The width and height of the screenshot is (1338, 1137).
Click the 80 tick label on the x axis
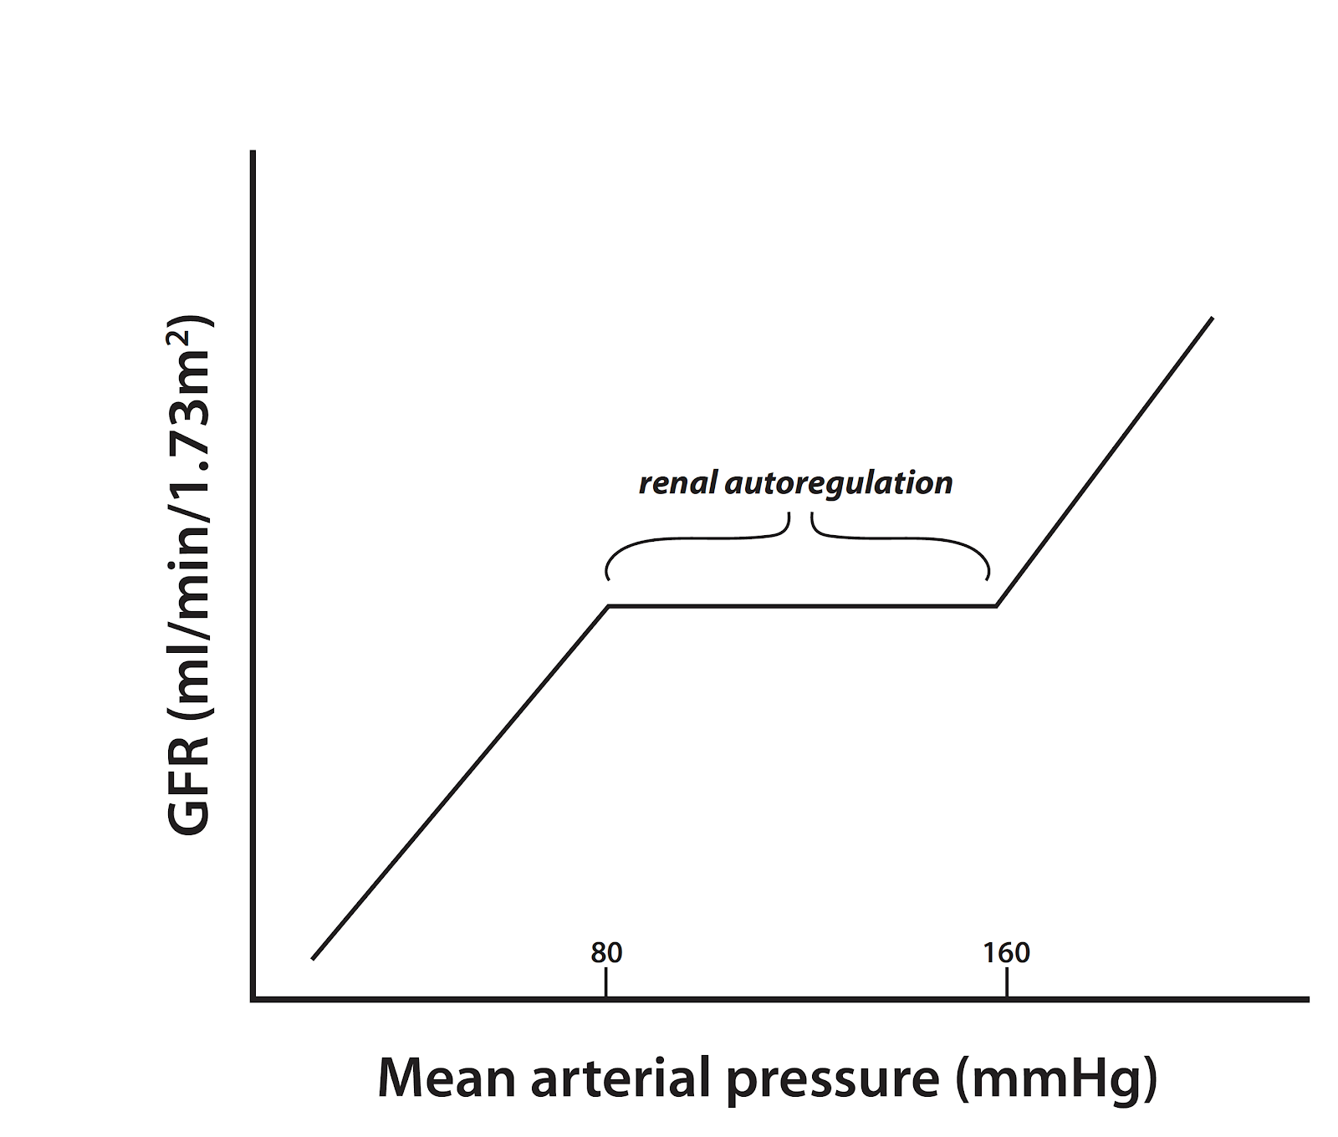(606, 953)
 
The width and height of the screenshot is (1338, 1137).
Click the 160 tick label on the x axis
(1006, 953)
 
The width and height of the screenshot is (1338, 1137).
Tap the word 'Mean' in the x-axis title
(447, 1078)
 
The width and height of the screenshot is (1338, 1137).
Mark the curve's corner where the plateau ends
(996, 605)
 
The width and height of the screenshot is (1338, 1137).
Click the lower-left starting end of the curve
(313, 958)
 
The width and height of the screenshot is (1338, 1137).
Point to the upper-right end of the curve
(1212, 319)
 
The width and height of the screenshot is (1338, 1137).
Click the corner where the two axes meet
(253, 998)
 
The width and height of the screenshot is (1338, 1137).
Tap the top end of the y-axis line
(253, 152)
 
